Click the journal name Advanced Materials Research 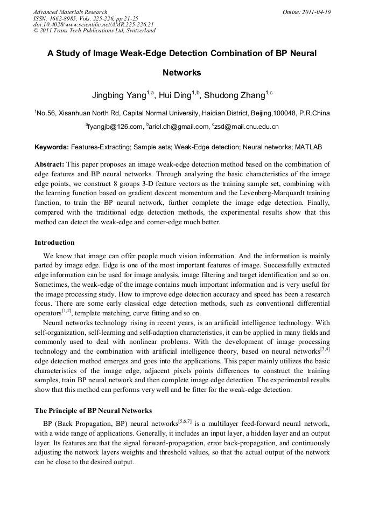70,12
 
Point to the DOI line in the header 93,24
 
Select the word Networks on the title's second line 182,72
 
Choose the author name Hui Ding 176,95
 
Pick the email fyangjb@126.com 115,127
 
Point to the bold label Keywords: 51,147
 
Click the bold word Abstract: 50,164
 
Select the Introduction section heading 54,242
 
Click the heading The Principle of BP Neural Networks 93,410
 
